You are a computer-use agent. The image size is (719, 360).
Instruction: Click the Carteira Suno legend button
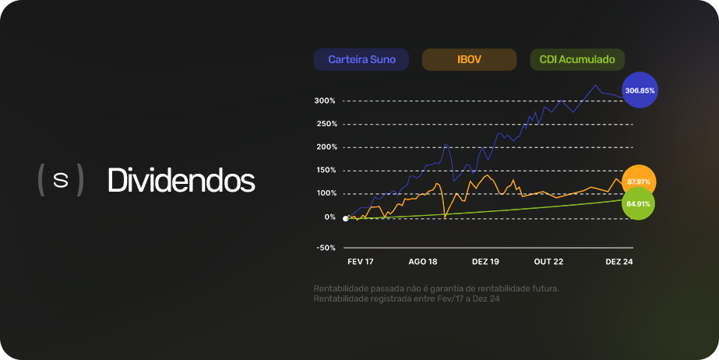[361, 60]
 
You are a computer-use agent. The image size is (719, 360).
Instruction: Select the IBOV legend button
[469, 60]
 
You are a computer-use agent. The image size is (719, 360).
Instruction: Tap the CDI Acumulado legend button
[577, 60]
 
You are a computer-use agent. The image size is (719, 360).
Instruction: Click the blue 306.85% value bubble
[640, 90]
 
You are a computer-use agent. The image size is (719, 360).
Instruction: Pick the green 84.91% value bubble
[638, 203]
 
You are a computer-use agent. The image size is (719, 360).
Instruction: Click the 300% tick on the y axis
[325, 101]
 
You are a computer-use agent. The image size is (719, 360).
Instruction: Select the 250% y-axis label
[325, 124]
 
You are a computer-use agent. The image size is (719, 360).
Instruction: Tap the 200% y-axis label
[325, 147]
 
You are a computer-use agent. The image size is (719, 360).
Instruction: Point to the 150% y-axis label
[325, 170]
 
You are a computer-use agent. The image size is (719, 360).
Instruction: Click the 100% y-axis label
[325, 193]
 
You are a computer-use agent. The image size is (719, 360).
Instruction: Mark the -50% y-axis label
[326, 248]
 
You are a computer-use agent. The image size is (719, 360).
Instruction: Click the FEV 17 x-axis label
[361, 262]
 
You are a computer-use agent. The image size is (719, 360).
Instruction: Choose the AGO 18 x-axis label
[423, 262]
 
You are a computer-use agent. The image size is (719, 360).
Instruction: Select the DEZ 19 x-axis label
[485, 262]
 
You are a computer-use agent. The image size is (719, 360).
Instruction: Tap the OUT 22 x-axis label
[549, 262]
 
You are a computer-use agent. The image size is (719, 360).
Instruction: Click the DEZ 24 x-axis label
[619, 262]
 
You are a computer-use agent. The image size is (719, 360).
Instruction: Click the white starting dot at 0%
[345, 219]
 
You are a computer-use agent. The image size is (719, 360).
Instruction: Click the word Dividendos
[182, 180]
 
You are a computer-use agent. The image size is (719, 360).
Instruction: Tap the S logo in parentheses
[61, 180]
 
